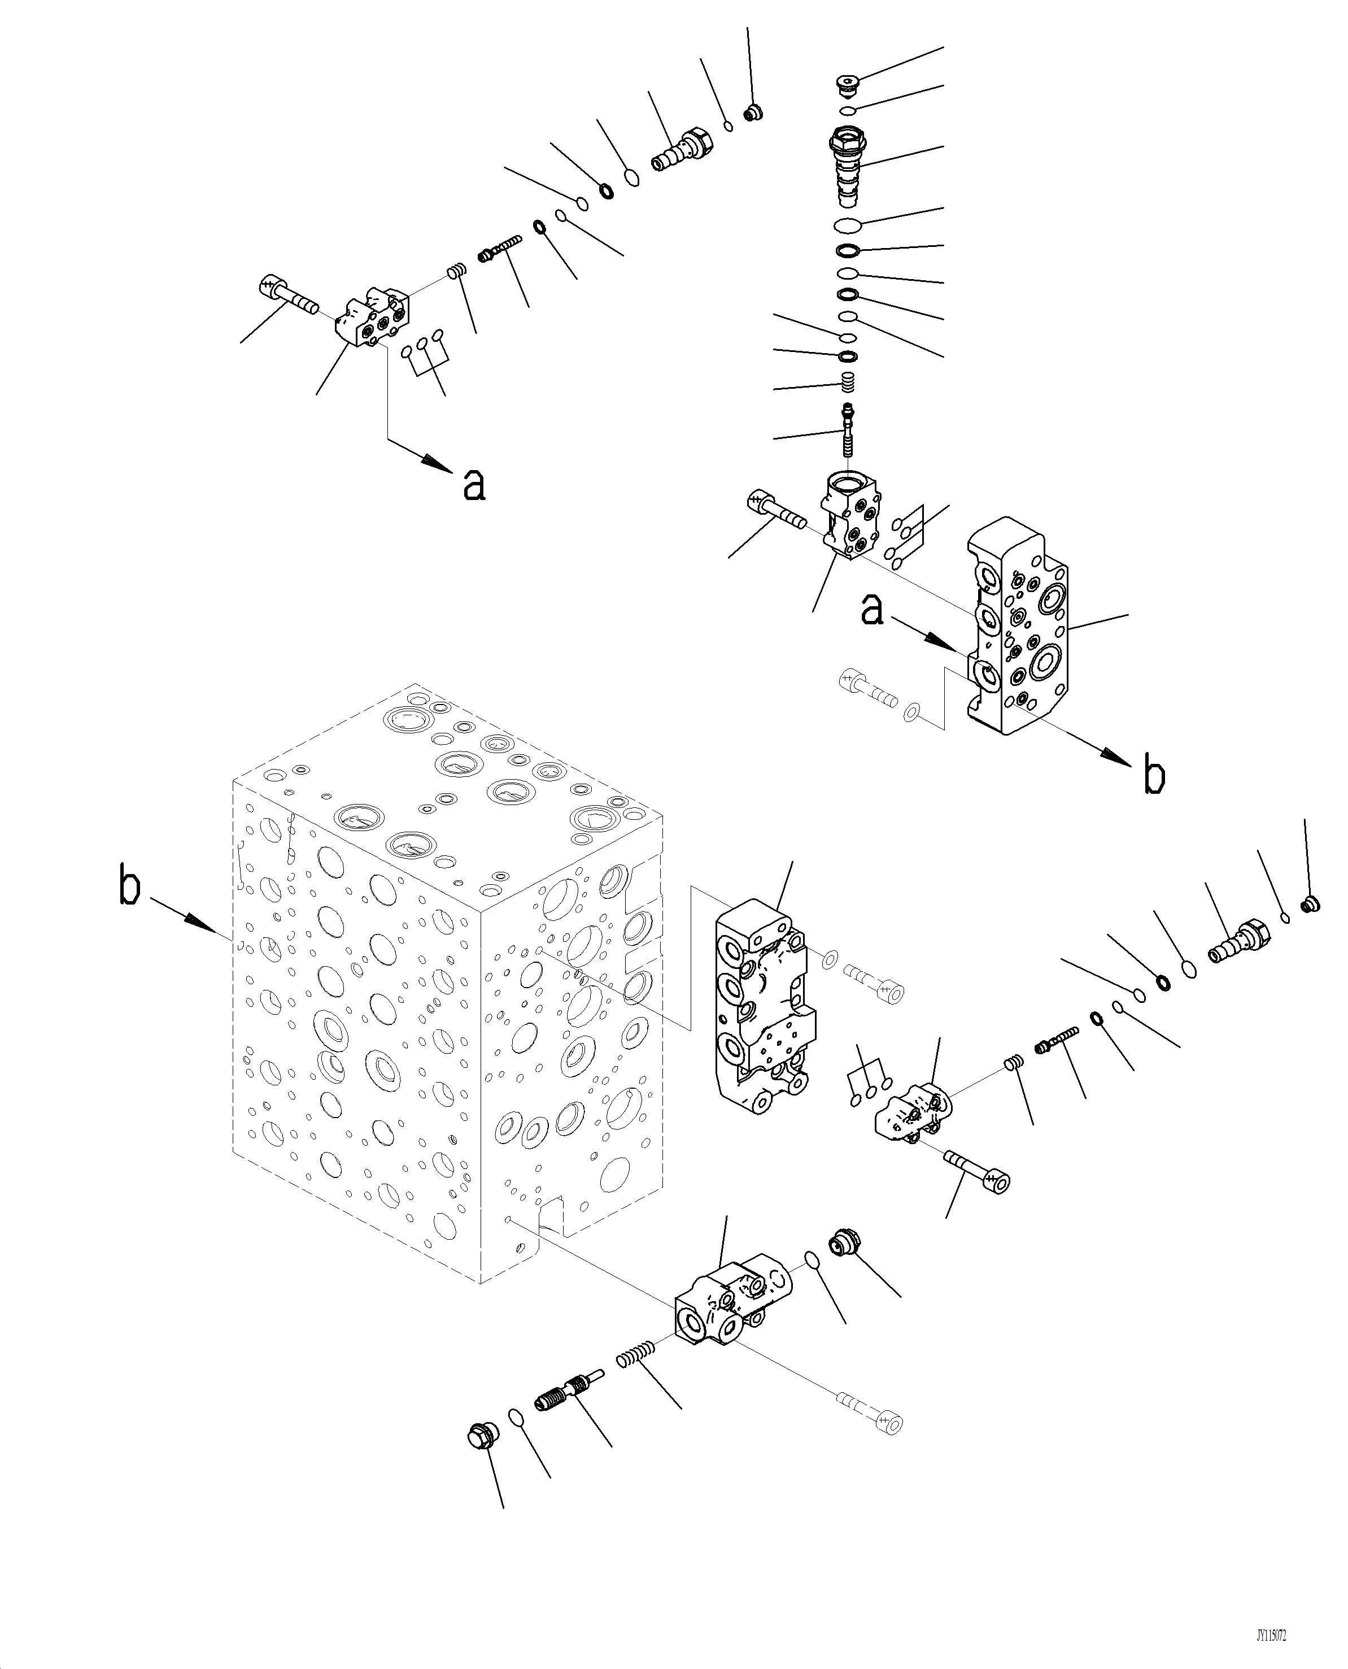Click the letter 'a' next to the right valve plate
tap(873, 611)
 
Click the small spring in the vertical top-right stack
tap(849, 381)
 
